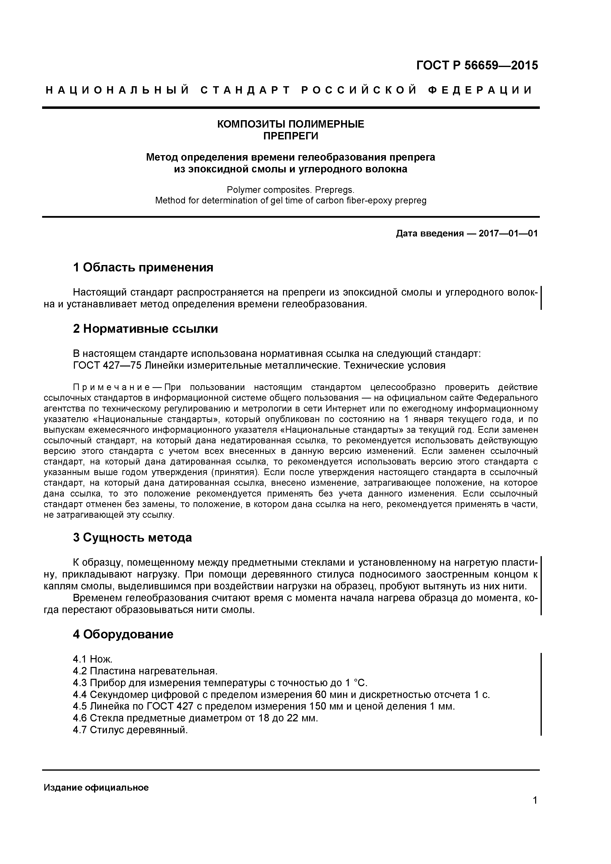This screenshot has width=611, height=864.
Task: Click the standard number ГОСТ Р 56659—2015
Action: tap(477, 66)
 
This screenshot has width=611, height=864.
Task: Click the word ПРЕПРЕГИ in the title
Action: tap(290, 136)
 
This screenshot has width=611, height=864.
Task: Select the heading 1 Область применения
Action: tap(143, 267)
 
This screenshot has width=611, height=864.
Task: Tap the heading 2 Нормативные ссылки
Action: tap(145, 329)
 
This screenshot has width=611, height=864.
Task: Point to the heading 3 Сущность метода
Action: tap(132, 538)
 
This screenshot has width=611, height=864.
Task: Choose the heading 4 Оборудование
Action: tap(123, 634)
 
